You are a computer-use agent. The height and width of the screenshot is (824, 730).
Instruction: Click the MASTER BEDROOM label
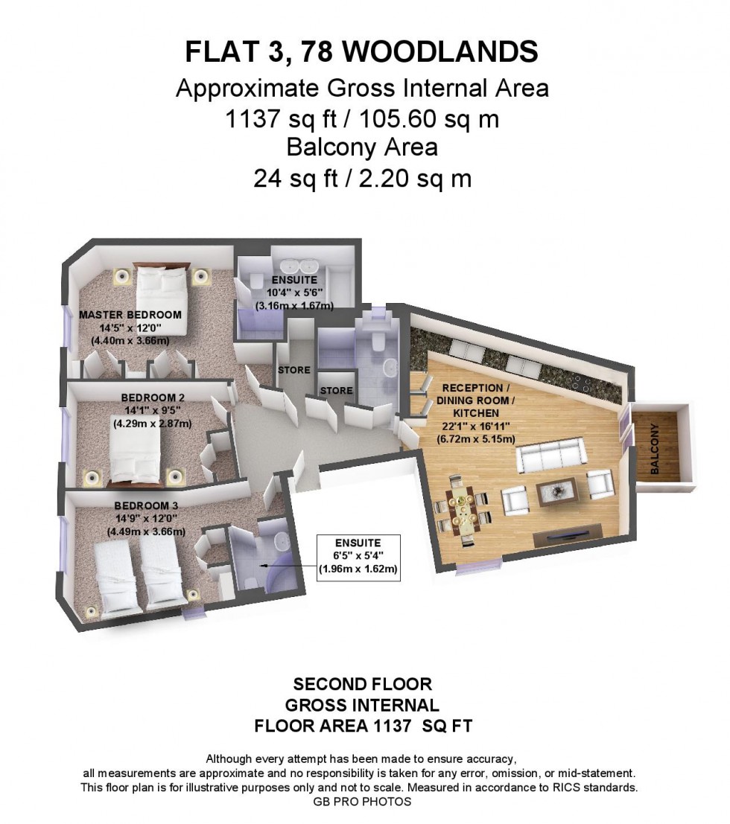pos(130,315)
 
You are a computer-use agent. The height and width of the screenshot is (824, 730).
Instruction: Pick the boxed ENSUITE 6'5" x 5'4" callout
pos(358,558)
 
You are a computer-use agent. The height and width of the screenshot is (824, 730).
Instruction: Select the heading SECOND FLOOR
pos(363,683)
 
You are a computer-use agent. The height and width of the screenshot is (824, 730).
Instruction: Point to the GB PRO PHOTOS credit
pos(363,802)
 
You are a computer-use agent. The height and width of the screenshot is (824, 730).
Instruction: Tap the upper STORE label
pos(293,370)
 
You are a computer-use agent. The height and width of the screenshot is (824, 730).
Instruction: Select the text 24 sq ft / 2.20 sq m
pos(363,178)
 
